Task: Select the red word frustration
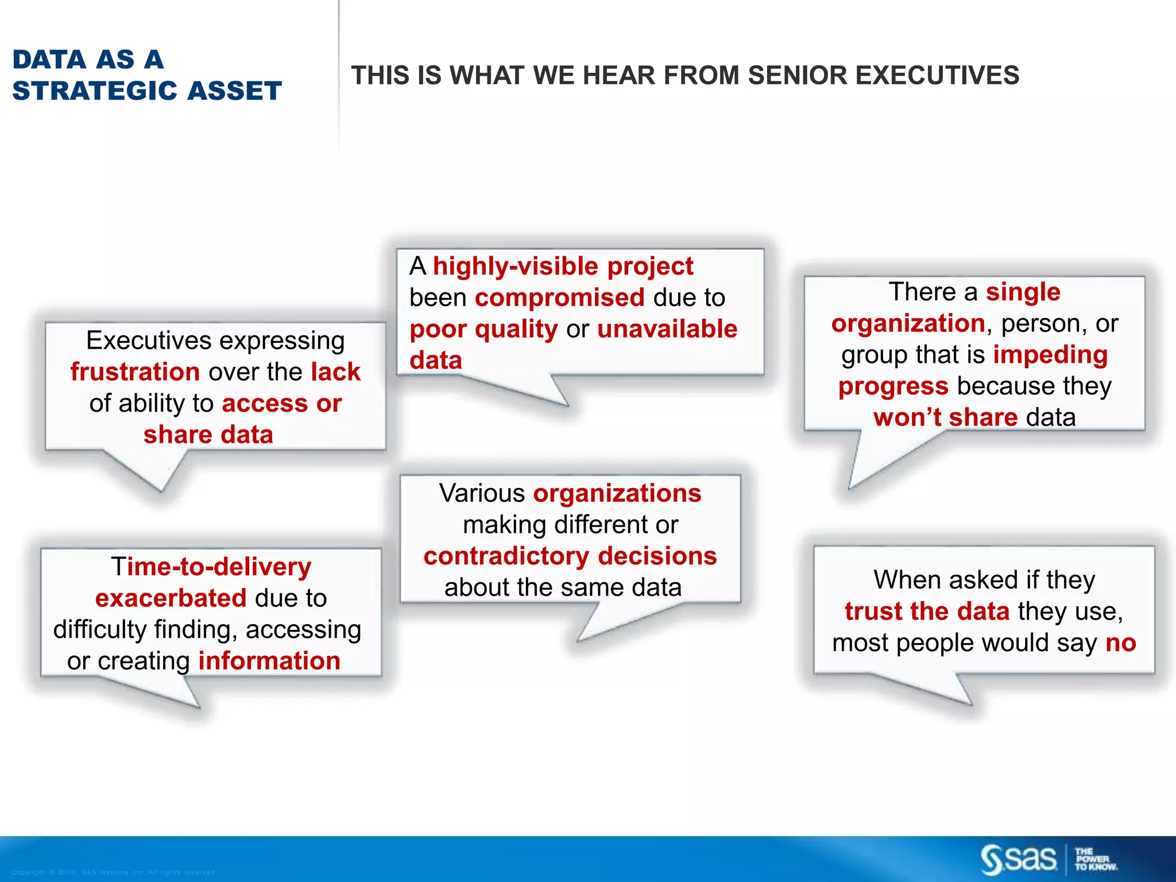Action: coord(135,372)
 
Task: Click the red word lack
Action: coord(335,372)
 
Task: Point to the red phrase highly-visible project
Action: coord(563,266)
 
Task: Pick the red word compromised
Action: coord(560,298)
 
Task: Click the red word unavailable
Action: coord(667,329)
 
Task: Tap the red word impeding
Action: coord(1050,355)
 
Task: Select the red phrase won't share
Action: coord(945,417)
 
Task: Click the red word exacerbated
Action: coord(171,598)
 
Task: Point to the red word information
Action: coord(269,661)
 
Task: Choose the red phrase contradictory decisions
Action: coord(570,556)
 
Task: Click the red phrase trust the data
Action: coord(927,612)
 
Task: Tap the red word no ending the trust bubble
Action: coord(1120,643)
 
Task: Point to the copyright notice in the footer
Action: coord(113,872)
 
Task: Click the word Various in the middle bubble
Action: coord(482,494)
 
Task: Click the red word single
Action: coord(1023,292)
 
